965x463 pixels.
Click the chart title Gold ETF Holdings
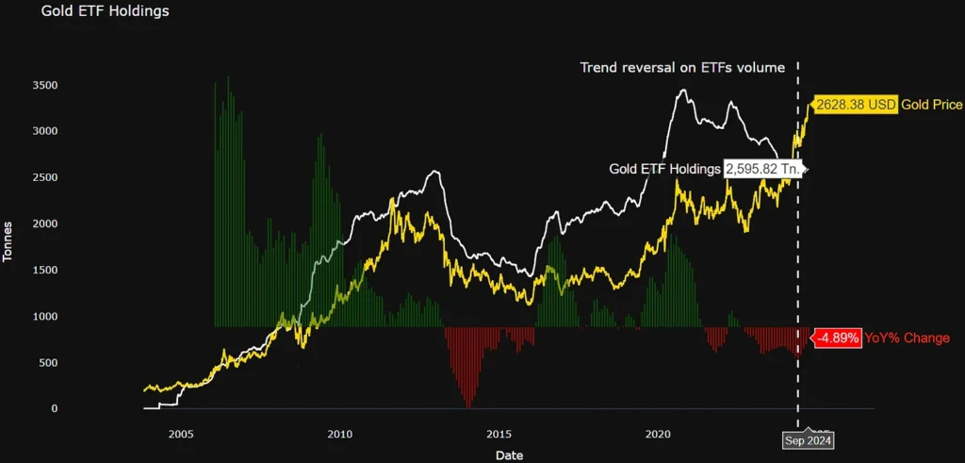click(x=105, y=12)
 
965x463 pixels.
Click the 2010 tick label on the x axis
click(x=339, y=435)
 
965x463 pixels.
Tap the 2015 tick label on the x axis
click(x=499, y=435)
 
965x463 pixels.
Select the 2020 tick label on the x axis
click(x=659, y=435)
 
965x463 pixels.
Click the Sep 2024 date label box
click(x=809, y=439)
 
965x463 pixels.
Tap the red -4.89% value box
click(x=837, y=338)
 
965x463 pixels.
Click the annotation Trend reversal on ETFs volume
click(x=682, y=68)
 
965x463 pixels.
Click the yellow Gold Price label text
click(x=931, y=105)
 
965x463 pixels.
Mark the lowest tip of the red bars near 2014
click(x=467, y=406)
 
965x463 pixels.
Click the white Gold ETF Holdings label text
click(x=664, y=169)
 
